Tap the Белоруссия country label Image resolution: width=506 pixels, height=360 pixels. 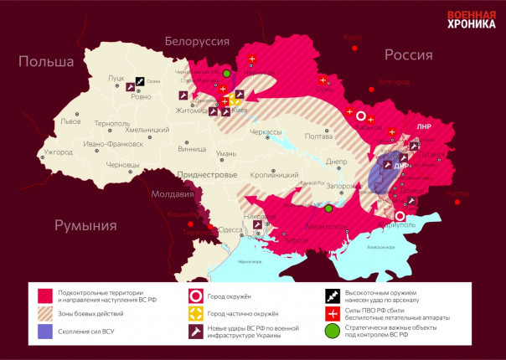(197, 41)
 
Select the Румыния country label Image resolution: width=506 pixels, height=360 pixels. (85, 224)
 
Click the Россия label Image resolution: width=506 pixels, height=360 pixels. (408, 54)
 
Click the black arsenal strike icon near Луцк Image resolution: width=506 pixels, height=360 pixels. (140, 81)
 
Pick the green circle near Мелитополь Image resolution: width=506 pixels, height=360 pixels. (329, 208)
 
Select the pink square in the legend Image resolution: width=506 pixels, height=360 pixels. (45, 296)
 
